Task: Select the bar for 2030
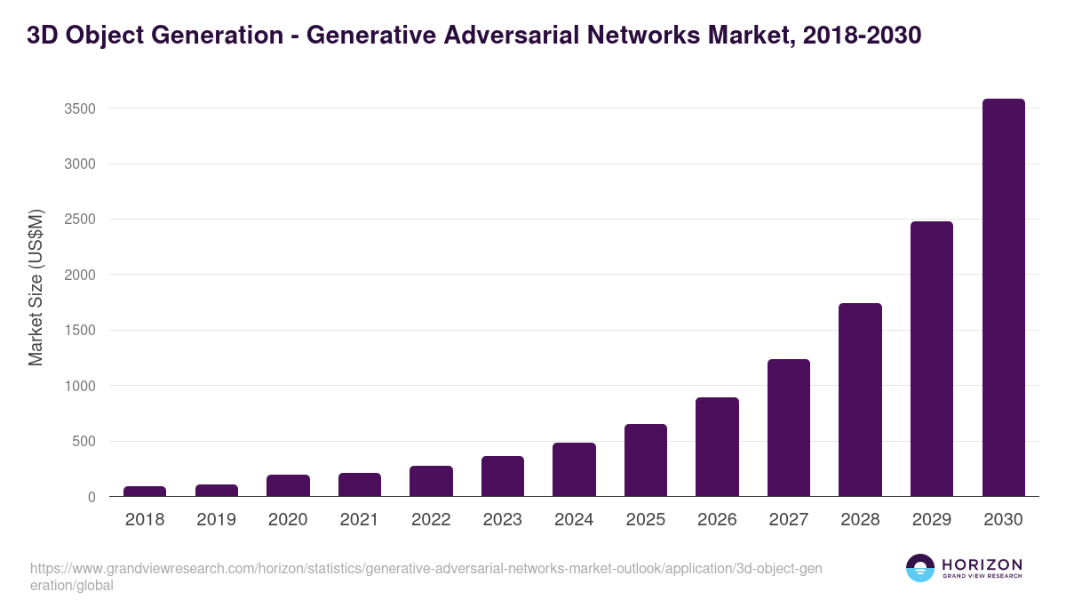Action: click(x=1003, y=298)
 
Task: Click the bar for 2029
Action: click(x=932, y=359)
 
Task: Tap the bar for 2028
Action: click(x=860, y=400)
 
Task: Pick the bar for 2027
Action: click(x=789, y=428)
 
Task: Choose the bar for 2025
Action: click(x=646, y=460)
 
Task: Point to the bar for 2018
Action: click(x=145, y=492)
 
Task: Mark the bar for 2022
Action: click(x=431, y=481)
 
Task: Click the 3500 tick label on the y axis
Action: click(x=79, y=108)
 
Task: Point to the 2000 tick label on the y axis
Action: click(x=79, y=275)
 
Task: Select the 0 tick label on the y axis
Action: click(x=91, y=497)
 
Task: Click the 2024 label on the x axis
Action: click(x=574, y=520)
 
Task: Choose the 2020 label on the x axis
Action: click(x=288, y=520)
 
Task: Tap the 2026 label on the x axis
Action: click(x=717, y=520)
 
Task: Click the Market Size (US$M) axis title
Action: click(x=36, y=287)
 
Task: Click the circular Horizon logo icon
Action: click(x=920, y=568)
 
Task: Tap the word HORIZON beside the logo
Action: click(x=982, y=564)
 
